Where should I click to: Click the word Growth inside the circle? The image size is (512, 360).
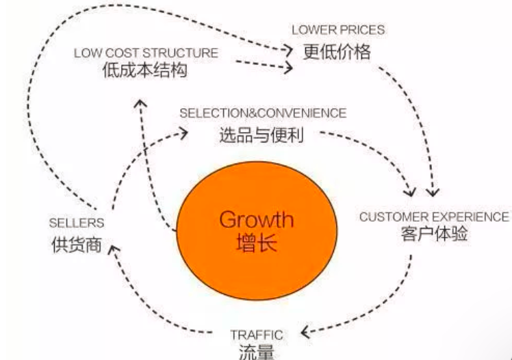pyautogui.click(x=256, y=220)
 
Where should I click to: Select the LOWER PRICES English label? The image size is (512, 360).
pyautogui.click(x=338, y=30)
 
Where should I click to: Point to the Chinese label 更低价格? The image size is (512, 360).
pyautogui.click(x=337, y=51)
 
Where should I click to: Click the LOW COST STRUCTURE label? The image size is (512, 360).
pyautogui.click(x=146, y=53)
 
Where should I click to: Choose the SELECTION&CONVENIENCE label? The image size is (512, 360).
pyautogui.click(x=263, y=113)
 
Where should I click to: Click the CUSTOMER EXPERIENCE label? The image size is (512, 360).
pyautogui.click(x=434, y=217)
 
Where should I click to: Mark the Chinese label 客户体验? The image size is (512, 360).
pyautogui.click(x=434, y=235)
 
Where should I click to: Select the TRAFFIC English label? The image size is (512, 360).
pyautogui.click(x=257, y=335)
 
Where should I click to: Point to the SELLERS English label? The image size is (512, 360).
pyautogui.click(x=76, y=223)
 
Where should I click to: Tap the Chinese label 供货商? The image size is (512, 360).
pyautogui.click(x=76, y=244)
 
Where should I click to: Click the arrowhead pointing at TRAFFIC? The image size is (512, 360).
pyautogui.click(x=306, y=335)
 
